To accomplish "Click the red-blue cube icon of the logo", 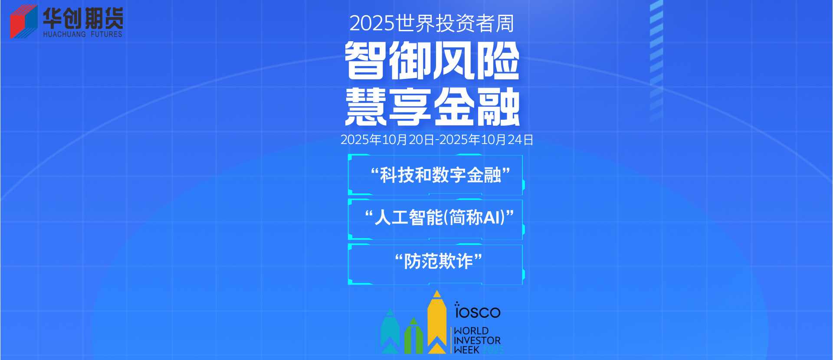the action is point(24,22).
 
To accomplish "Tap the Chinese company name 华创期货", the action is point(83,18).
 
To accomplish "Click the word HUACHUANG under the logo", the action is point(65,34).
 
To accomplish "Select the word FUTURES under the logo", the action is point(106,34).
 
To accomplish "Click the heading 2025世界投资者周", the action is point(432,23).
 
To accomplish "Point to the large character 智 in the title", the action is point(365,61).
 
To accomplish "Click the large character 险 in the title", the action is point(498,61).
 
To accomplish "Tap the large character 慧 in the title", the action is point(366,106).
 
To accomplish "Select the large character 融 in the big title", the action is point(498,106).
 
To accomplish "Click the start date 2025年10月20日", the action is point(387,140).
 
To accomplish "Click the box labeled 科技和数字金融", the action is point(436,175).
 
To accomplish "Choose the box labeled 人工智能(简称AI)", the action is point(436,219).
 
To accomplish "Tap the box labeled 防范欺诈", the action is point(436,264).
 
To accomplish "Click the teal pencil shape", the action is point(390,331).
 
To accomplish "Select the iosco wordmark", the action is point(477,311).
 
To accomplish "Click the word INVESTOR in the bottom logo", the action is point(477,340).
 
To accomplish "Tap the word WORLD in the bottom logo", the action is point(471,331).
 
